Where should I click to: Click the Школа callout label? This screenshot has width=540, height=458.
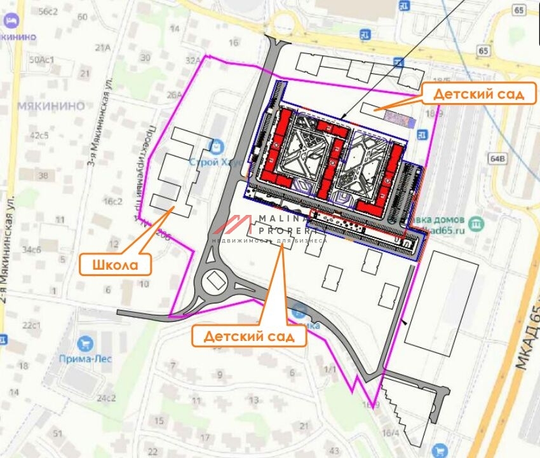(115, 264)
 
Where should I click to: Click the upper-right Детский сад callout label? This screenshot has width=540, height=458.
(479, 95)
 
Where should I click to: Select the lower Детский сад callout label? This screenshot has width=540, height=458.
(249, 336)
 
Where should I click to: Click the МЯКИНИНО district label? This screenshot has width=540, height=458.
(51, 106)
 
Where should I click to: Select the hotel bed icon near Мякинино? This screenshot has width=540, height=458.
(11, 21)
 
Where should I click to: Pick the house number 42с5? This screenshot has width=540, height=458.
(39, 135)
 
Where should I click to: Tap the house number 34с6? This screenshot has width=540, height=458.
(32, 249)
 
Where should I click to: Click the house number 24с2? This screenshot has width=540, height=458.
(106, 398)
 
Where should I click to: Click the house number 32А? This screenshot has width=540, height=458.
(192, 60)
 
